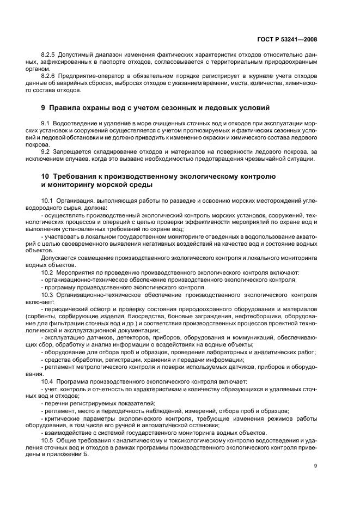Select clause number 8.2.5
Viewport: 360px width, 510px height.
pos(50,56)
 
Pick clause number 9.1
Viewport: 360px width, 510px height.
pos(46,124)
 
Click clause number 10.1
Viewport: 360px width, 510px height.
pos(47,201)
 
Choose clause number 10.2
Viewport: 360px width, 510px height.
pos(47,272)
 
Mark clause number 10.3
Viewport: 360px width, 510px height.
pos(47,295)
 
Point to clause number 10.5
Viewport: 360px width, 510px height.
pos(47,439)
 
